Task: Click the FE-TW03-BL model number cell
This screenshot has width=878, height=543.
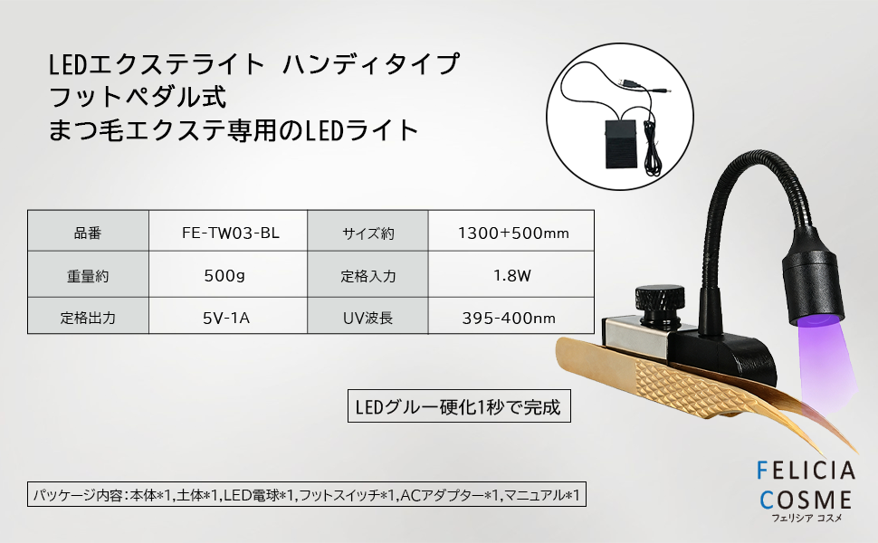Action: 228,231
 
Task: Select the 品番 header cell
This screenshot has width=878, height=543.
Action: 88,231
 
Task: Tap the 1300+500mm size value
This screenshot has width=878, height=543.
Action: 511,231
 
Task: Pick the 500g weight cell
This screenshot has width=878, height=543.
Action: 228,274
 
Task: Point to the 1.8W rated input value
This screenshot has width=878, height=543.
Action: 511,274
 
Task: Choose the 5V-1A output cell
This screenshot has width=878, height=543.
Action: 228,316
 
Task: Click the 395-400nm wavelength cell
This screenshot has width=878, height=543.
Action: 511,316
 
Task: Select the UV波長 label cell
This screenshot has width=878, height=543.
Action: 367,316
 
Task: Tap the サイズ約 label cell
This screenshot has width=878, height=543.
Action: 367,231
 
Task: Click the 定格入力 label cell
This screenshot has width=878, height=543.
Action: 367,274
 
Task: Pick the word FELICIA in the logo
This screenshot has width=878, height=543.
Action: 806,471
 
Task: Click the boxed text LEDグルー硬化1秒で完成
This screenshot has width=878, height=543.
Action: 459,405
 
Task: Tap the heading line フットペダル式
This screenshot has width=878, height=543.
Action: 138,97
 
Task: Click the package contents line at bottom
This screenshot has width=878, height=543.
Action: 307,494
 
